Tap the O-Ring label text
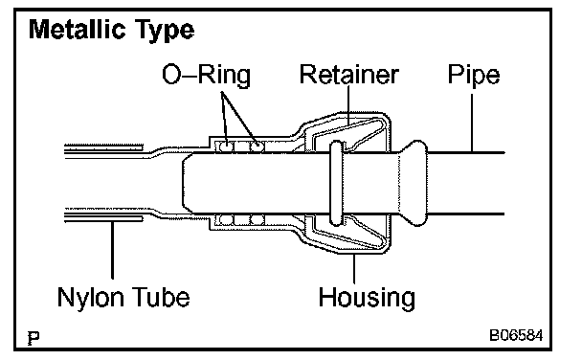pos(207,76)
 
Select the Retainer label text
pos(348,75)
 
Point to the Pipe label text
pos(474,76)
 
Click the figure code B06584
pos(516,335)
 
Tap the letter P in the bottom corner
pos(34,338)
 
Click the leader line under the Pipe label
pos(472,123)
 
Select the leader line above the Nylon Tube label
pos(112,249)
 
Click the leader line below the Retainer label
pos(348,105)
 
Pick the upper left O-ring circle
pos(225,146)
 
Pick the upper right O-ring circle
pos(257,146)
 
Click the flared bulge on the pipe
pos(414,183)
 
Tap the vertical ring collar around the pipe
pos(336,183)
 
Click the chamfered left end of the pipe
pos(188,183)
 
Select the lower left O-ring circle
pos(225,219)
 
